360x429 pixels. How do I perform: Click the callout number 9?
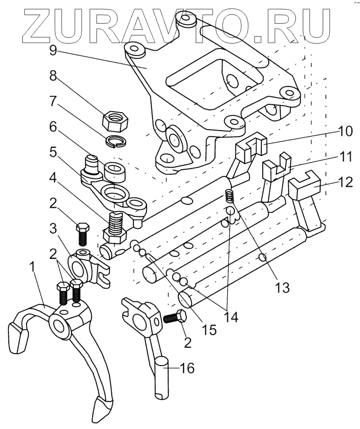point(53,50)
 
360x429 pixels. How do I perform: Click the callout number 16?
point(187,368)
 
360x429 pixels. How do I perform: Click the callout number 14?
point(230,318)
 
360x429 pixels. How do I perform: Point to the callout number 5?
point(53,153)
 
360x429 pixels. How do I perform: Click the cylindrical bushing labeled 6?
point(115,172)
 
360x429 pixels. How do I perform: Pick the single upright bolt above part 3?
point(82,234)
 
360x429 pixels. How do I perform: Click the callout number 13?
point(282,287)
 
